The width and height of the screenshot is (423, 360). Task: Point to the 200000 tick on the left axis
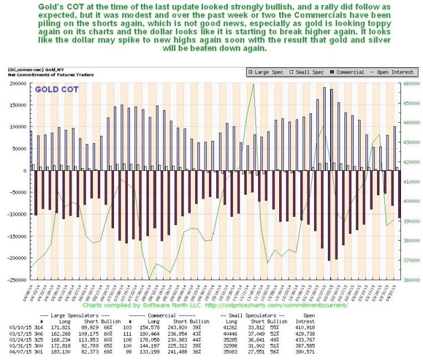17,84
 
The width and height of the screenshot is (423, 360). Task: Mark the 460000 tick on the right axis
406,84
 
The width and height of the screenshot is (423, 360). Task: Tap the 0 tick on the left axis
24,171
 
